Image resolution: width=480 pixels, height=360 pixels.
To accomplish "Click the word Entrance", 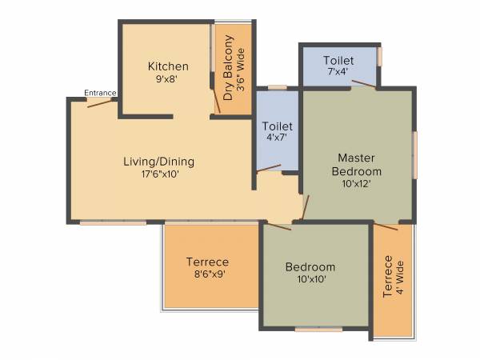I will click(x=102, y=93).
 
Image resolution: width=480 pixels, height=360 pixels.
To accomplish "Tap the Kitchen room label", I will click(x=168, y=66).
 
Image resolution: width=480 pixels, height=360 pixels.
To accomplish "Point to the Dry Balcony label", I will click(x=228, y=67).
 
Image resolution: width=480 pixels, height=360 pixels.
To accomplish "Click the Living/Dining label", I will click(x=158, y=161).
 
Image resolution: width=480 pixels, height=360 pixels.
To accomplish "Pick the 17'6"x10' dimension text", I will click(x=158, y=174).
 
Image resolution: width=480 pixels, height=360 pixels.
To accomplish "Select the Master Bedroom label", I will click(x=358, y=164).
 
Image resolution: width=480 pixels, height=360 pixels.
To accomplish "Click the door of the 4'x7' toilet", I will click(x=269, y=170).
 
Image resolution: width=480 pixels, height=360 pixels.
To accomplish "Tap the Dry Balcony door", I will click(x=217, y=102).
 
